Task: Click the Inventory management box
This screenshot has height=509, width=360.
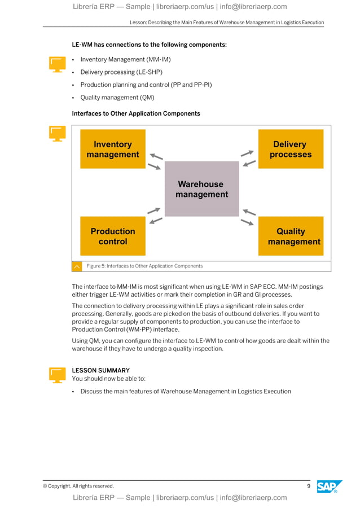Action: [x=113, y=149]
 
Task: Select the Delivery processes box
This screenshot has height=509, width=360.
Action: [x=291, y=149]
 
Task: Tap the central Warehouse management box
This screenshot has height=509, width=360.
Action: [x=201, y=189]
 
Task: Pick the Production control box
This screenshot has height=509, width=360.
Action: [x=113, y=236]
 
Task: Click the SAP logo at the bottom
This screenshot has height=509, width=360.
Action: [x=329, y=486]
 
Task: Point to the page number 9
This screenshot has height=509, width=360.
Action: [x=309, y=486]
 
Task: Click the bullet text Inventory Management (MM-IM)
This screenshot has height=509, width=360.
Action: [x=125, y=59]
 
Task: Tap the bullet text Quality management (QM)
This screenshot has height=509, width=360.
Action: [x=117, y=98]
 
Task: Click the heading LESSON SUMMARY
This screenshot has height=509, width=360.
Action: [x=100, y=371]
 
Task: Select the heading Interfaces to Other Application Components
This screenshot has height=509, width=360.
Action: [x=136, y=113]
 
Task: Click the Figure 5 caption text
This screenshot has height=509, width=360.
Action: [x=144, y=266]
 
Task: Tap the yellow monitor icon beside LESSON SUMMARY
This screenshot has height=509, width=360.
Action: [x=57, y=375]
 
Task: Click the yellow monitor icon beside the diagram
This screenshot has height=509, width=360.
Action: [x=57, y=133]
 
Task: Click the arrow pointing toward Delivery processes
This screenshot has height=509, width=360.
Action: [x=247, y=153]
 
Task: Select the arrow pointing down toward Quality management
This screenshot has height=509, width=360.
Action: [x=247, y=222]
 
